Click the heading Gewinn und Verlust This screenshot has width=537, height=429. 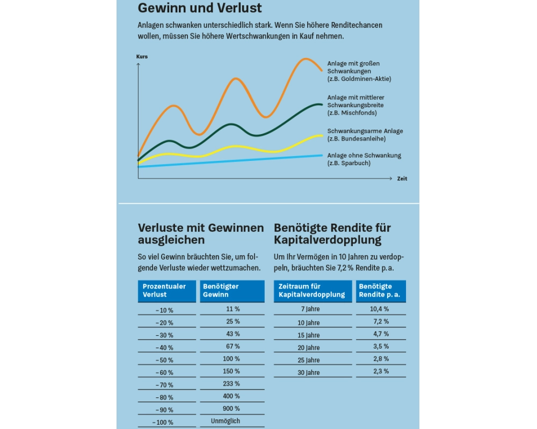(x=200, y=8)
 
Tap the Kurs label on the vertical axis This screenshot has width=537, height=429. (x=142, y=56)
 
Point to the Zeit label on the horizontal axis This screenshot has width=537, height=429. (x=402, y=179)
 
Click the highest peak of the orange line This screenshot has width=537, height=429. (x=306, y=58)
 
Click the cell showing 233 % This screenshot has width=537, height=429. (x=232, y=383)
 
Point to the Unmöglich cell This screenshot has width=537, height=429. (x=232, y=421)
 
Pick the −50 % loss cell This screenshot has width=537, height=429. (x=164, y=360)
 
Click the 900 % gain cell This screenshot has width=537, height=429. (x=232, y=409)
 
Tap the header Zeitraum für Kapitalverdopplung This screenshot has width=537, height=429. (x=313, y=291)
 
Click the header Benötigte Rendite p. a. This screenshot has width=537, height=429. (x=381, y=291)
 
